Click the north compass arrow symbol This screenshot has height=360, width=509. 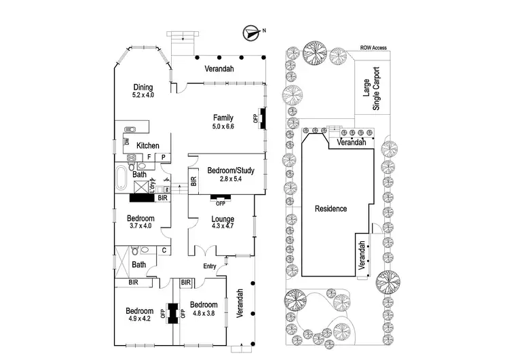coord(252,31)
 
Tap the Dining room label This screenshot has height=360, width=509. coord(143,88)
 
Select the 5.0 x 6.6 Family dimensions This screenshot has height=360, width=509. coord(223,126)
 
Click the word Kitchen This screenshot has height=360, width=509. coord(148,145)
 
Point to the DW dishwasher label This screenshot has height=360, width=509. coord(127,142)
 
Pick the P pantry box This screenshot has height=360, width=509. coord(164,157)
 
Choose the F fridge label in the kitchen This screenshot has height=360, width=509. coord(149,157)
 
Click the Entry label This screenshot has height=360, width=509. coord(212,266)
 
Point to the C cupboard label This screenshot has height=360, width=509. coord(164,251)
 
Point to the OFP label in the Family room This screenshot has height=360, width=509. coord(255,118)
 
